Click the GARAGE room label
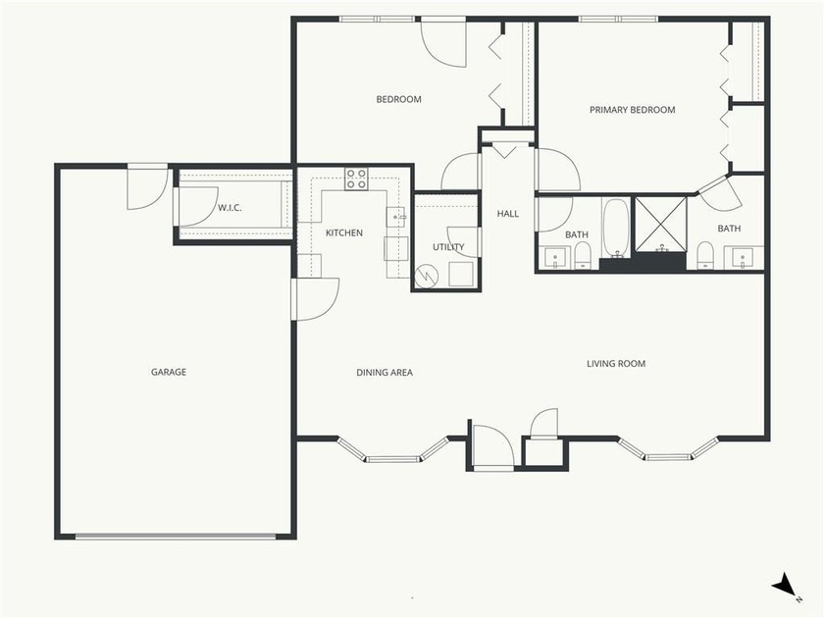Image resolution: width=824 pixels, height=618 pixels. pyautogui.click(x=169, y=372)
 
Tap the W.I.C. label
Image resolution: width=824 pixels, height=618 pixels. pyautogui.click(x=231, y=207)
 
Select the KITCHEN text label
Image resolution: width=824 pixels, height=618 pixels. pyautogui.click(x=344, y=233)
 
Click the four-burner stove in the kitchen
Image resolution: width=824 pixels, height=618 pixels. pyautogui.click(x=356, y=179)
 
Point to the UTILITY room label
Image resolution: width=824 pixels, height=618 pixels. pyautogui.click(x=448, y=247)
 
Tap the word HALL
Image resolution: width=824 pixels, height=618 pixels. pyautogui.click(x=508, y=214)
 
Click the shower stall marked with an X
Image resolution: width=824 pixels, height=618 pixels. pyautogui.click(x=660, y=223)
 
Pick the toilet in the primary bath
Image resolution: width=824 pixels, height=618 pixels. pyautogui.click(x=704, y=257)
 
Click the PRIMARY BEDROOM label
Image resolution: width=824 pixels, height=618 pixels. pyautogui.click(x=632, y=110)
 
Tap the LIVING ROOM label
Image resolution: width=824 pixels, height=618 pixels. pyautogui.click(x=616, y=364)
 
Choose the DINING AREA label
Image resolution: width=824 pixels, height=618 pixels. pyautogui.click(x=384, y=373)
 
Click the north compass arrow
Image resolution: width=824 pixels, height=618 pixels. pyautogui.click(x=785, y=587)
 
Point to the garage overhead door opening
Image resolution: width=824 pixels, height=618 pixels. pyautogui.click(x=177, y=537)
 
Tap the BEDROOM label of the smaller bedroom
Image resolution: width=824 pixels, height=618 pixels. pyautogui.click(x=399, y=99)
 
